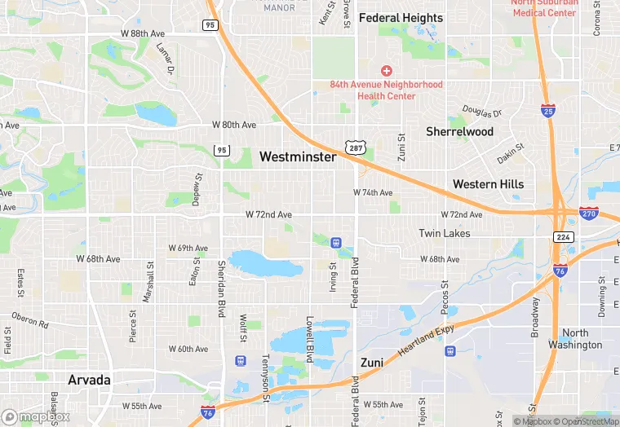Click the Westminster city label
(298, 156)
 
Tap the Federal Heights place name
(401, 17)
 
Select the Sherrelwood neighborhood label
(459, 131)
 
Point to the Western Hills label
(489, 184)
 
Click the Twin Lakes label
(445, 233)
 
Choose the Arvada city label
(90, 380)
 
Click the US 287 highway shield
(355, 147)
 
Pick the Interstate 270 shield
(588, 213)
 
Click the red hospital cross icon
(387, 71)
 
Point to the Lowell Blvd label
(310, 339)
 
